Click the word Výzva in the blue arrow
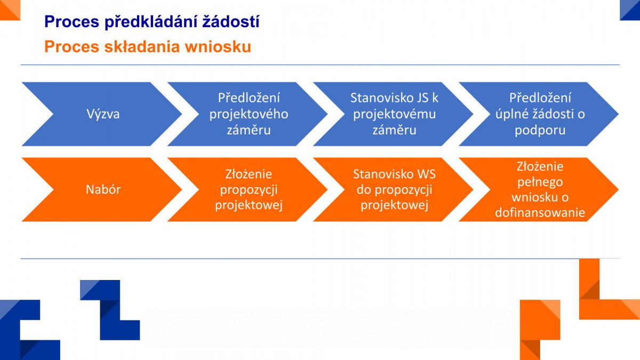(103, 114)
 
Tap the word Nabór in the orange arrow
(103, 189)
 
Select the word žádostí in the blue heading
(231, 21)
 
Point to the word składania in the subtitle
(142, 46)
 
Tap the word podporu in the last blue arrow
(540, 131)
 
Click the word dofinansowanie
(540, 213)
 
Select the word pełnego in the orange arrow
(540, 182)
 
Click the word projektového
(249, 115)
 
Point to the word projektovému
(394, 115)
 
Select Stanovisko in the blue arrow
(375, 98)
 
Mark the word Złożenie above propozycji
(249, 174)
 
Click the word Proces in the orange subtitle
(71, 46)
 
